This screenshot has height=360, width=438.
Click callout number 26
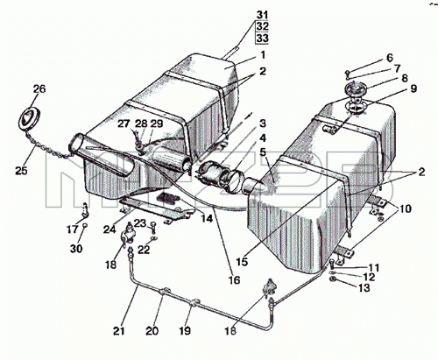tap(39, 88)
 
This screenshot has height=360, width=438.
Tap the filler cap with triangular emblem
tap(29, 119)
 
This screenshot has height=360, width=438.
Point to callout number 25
tap(21, 171)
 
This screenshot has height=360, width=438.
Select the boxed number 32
tap(262, 26)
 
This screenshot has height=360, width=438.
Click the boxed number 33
tap(262, 38)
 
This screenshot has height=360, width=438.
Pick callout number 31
tap(262, 15)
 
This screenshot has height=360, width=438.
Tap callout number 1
tap(263, 54)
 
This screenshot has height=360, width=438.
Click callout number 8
tap(404, 78)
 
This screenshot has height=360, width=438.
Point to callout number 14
tap(207, 218)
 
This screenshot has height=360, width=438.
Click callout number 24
tap(109, 229)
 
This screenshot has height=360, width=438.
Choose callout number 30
tap(76, 249)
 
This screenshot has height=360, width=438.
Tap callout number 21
tap(119, 331)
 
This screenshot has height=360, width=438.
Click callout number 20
tap(152, 331)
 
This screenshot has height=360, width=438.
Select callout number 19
tap(185, 331)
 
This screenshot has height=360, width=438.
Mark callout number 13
tap(364, 288)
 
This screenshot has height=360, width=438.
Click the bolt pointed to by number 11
tap(332, 264)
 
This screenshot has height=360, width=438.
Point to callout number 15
tap(242, 262)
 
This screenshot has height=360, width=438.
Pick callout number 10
tap(406, 208)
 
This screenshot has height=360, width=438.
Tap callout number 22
tap(144, 250)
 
